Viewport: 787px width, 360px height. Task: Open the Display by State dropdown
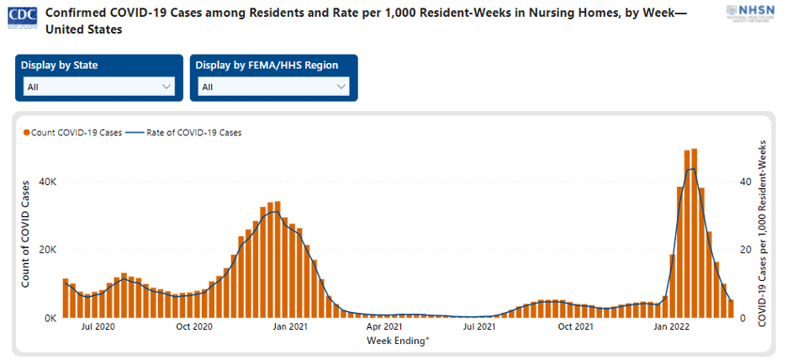[99, 87]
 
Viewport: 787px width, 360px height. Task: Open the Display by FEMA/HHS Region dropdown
[274, 87]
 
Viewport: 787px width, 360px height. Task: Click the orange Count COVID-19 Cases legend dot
[27, 133]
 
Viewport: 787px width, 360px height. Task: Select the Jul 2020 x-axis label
[99, 326]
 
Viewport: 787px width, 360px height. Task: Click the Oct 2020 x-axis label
[193, 326]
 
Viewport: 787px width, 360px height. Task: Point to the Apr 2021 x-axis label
[385, 326]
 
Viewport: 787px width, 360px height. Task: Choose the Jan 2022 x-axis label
[672, 326]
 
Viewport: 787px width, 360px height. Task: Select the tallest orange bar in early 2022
[695, 234]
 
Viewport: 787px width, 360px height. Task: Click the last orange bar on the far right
[731, 309]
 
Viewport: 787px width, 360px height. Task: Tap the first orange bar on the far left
[66, 298]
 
